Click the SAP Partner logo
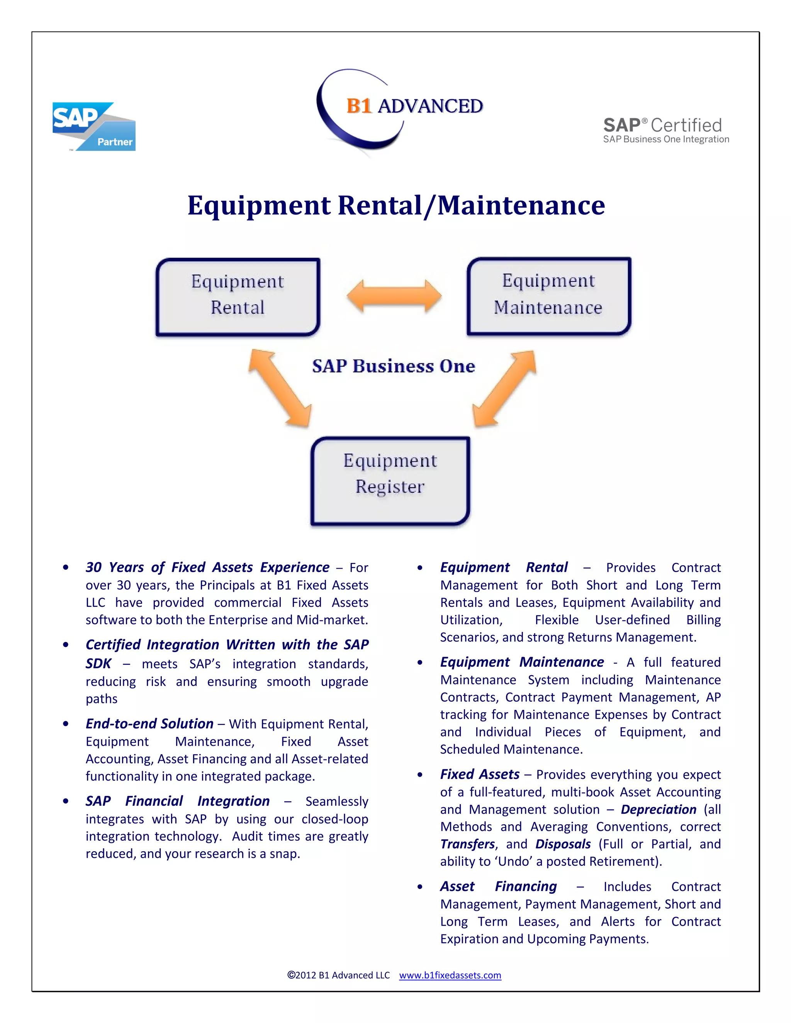click(x=94, y=127)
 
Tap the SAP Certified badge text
click(x=665, y=130)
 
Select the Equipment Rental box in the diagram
click(x=238, y=296)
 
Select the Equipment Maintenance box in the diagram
click(x=549, y=296)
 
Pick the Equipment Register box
click(x=390, y=481)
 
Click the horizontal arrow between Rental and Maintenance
click(x=394, y=296)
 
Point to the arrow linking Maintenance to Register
click(x=504, y=388)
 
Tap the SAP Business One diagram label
click(x=394, y=366)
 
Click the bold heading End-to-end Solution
click(x=149, y=724)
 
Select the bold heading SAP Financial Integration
click(x=178, y=801)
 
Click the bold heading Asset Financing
click(x=498, y=886)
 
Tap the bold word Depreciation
click(x=659, y=810)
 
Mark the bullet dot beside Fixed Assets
click(x=420, y=775)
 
